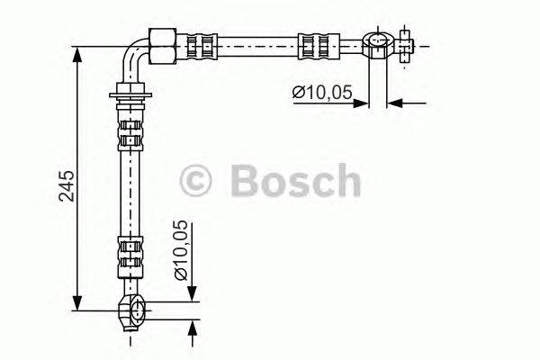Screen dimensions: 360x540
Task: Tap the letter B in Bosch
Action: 244,181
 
